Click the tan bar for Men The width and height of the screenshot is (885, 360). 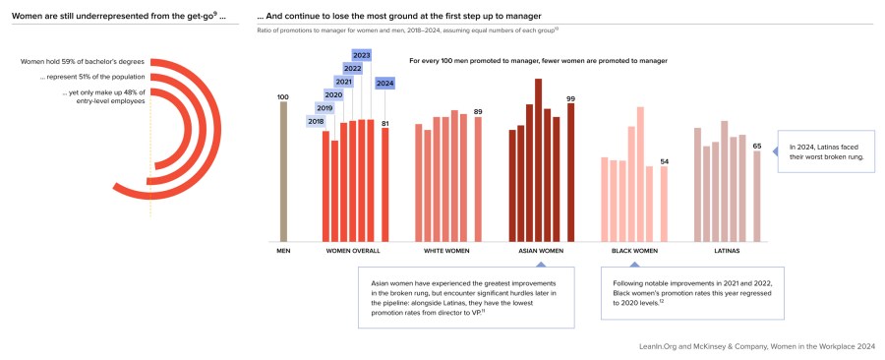pyautogui.click(x=283, y=171)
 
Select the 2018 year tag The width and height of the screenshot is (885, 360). pyautogui.click(x=317, y=121)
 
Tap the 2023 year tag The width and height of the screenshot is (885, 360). pyautogui.click(x=361, y=55)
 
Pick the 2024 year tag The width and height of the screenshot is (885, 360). pyautogui.click(x=385, y=83)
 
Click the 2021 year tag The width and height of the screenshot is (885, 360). pyautogui.click(x=343, y=82)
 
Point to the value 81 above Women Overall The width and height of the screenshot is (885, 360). pyautogui.click(x=385, y=123)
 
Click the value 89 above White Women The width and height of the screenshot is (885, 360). pyautogui.click(x=478, y=111)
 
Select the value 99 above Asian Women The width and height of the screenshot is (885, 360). pyautogui.click(x=570, y=98)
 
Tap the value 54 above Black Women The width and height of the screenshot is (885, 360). pyautogui.click(x=664, y=161)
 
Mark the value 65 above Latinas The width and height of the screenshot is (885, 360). pyautogui.click(x=756, y=146)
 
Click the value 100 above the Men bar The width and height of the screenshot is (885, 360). pyautogui.click(x=283, y=96)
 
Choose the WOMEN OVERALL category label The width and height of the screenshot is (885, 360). pyautogui.click(x=353, y=251)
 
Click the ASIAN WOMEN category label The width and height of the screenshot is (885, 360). pyautogui.click(x=540, y=251)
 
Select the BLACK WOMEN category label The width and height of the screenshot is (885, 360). pyautogui.click(x=634, y=251)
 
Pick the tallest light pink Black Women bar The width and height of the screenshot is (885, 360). pyautogui.click(x=640, y=173)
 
